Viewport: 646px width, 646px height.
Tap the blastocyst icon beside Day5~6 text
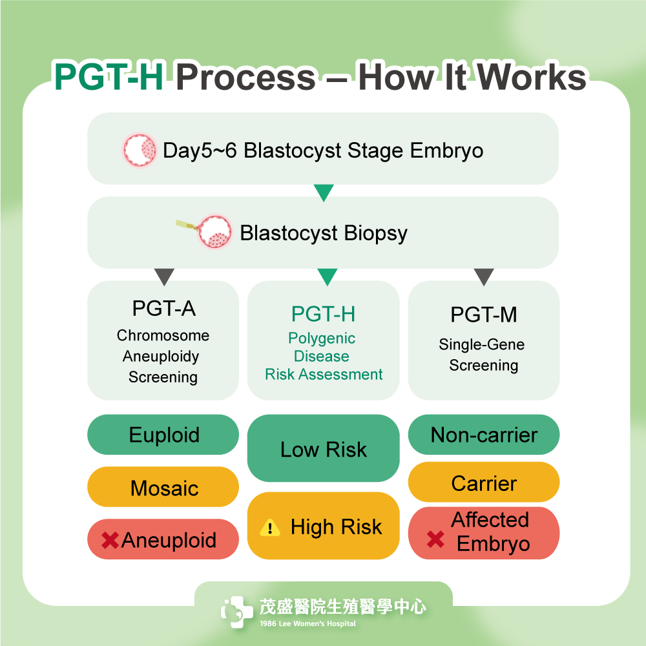(140, 151)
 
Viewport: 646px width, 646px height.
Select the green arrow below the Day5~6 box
(323, 193)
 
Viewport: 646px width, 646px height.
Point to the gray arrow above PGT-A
(164, 276)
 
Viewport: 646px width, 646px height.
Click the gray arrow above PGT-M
(484, 276)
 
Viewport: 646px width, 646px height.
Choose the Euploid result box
(163, 435)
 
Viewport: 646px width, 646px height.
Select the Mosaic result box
(163, 487)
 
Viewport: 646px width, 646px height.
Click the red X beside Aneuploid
(110, 540)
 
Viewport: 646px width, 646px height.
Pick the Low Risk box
(323, 450)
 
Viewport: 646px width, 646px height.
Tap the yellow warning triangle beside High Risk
(269, 528)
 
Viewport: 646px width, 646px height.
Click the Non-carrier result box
(484, 435)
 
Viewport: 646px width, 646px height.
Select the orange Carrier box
(484, 483)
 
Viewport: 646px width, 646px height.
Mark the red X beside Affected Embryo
(435, 539)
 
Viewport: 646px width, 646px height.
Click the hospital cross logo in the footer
(236, 611)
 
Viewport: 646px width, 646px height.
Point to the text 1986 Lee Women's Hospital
(307, 623)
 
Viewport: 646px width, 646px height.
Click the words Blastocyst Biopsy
(323, 233)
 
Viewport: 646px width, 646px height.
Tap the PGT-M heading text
(484, 315)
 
